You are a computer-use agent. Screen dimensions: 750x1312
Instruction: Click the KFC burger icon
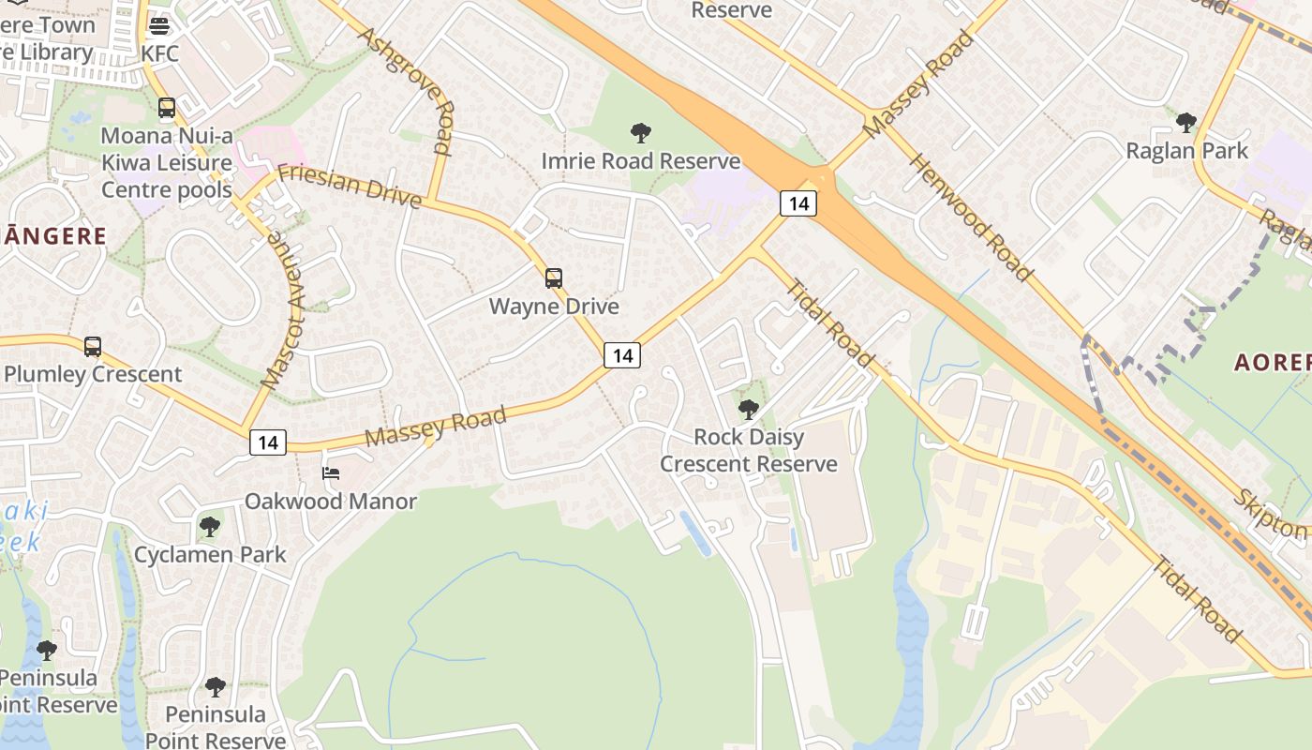click(159, 24)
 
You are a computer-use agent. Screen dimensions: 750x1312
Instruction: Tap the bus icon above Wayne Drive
click(554, 277)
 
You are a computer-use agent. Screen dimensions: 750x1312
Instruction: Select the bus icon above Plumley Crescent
click(93, 346)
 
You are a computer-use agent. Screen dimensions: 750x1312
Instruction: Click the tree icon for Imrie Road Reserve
click(641, 133)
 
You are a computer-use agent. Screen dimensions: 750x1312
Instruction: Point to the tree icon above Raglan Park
click(1186, 122)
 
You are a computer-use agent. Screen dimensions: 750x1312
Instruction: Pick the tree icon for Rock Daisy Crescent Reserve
click(748, 409)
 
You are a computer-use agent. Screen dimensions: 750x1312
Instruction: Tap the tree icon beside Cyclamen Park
click(210, 526)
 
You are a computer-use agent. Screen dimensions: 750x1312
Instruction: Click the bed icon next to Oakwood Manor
click(331, 473)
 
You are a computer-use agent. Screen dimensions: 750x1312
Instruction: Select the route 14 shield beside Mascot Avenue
click(268, 442)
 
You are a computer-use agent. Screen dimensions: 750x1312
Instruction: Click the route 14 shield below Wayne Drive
click(622, 354)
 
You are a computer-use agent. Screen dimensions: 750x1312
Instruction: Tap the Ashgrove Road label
click(406, 90)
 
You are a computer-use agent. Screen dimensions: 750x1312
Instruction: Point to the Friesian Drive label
click(350, 183)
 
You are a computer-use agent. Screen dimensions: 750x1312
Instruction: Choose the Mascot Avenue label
click(284, 309)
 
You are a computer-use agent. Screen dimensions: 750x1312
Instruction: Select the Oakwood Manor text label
click(331, 502)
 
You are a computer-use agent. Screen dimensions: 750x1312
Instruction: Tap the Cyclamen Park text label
click(210, 554)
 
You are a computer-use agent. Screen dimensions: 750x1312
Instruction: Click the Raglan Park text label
click(1186, 151)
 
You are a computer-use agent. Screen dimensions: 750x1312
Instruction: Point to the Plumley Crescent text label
click(93, 374)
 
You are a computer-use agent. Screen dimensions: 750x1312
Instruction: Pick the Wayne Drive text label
click(554, 307)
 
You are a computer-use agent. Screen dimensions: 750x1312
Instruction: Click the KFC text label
click(159, 53)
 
